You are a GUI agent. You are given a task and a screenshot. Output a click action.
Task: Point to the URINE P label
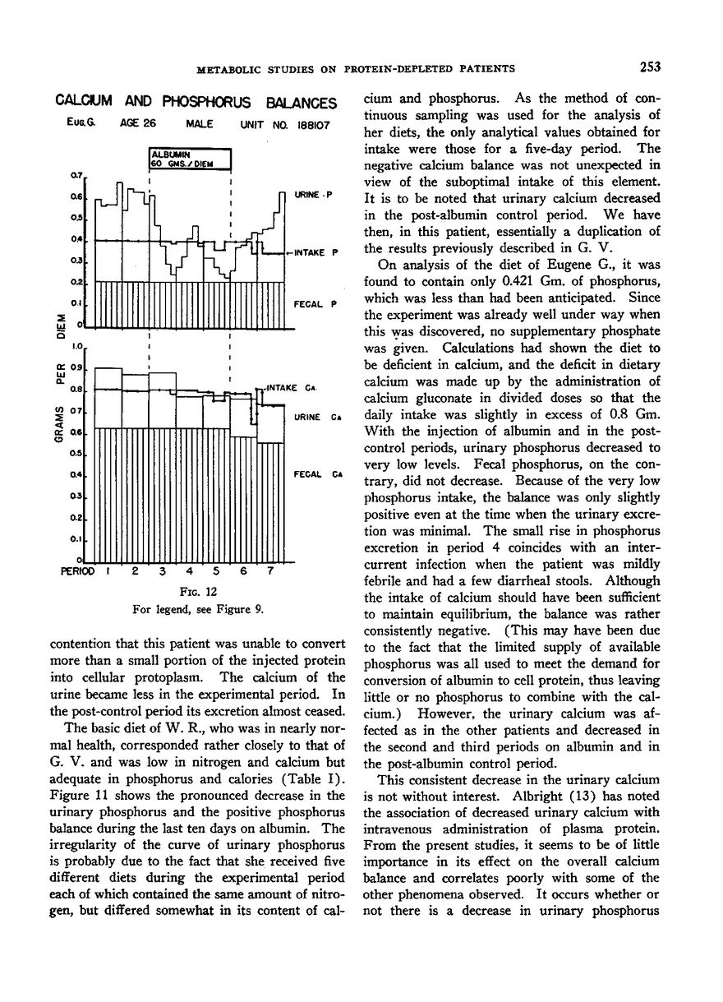[x=313, y=195]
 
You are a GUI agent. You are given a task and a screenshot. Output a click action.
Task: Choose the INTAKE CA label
[x=288, y=386]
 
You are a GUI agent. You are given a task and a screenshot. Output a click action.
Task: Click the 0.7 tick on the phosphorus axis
[x=79, y=175]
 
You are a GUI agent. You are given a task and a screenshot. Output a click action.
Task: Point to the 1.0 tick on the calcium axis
[x=79, y=347]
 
